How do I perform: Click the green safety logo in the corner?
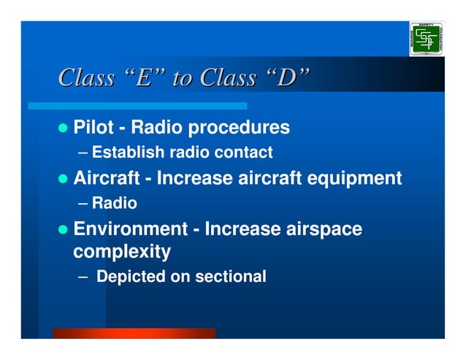(x=427, y=39)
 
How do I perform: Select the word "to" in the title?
(x=180, y=78)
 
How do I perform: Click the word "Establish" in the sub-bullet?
(x=128, y=153)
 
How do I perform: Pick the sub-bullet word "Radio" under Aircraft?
(x=114, y=203)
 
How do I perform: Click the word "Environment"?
(x=130, y=229)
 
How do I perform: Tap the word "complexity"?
(x=122, y=253)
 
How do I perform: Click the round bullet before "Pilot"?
(x=64, y=129)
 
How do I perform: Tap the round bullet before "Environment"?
(x=64, y=230)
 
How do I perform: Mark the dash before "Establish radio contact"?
(x=83, y=153)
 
